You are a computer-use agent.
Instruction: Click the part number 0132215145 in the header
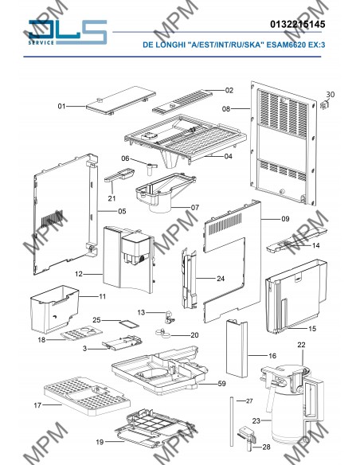[297, 24]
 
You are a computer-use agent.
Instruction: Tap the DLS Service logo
[68, 32]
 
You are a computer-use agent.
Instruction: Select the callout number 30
[331, 94]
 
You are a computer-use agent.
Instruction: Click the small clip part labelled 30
[325, 104]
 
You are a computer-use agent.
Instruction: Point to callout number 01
[61, 106]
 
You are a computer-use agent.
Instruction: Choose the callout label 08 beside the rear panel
[226, 109]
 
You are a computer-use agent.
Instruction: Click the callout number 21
[112, 198]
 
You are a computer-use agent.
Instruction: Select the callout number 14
[316, 245]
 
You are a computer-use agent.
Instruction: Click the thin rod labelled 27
[232, 421]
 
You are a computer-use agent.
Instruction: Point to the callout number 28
[266, 447]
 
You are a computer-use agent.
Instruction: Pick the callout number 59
[221, 384]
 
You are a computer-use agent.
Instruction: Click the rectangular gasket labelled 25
[129, 324]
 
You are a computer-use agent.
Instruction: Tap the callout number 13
[141, 312]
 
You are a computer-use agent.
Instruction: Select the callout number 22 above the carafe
[301, 345]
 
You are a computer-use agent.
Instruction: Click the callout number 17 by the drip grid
[37, 405]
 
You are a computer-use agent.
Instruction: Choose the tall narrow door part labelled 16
[237, 348]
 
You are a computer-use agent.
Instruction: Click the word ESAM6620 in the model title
[286, 45]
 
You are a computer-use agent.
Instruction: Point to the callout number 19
[100, 442]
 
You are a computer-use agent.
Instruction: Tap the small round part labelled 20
[163, 333]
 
